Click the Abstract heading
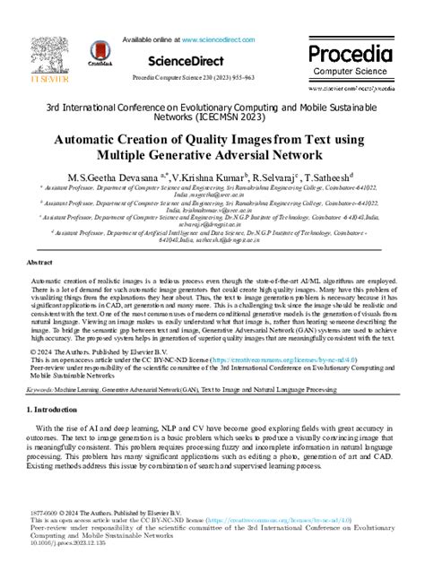pos(40,263)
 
